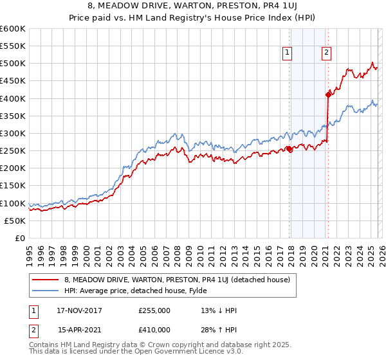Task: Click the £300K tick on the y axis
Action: point(13,133)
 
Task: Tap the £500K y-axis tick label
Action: point(13,64)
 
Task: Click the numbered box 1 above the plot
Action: point(286,53)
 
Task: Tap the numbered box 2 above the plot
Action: point(326,53)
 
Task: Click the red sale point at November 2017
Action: point(289,149)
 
